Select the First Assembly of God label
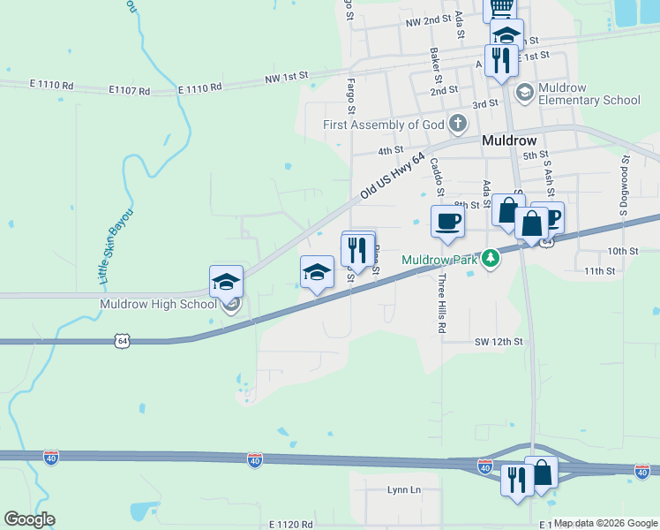pyautogui.click(x=384, y=125)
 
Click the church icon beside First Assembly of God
pyautogui.click(x=458, y=124)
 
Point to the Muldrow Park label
pyautogui.click(x=439, y=260)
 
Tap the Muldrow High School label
pyautogui.click(x=159, y=305)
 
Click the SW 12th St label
pyautogui.click(x=499, y=341)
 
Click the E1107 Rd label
pyautogui.click(x=130, y=89)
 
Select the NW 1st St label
pyautogui.click(x=285, y=79)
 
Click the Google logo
pyautogui.click(x=29, y=519)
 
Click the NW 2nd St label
pyautogui.click(x=423, y=20)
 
